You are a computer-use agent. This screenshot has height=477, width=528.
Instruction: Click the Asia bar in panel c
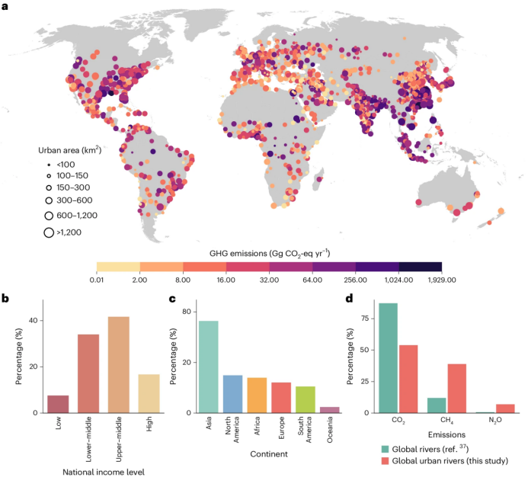click(209, 367)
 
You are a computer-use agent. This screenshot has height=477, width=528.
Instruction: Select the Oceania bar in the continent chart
click(327, 410)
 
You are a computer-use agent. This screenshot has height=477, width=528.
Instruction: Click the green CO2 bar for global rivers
click(389, 358)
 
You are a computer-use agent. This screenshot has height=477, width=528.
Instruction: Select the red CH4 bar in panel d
click(456, 388)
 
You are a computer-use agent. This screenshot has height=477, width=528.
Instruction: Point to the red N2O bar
click(505, 408)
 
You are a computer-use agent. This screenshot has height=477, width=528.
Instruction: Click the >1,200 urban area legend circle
click(48, 232)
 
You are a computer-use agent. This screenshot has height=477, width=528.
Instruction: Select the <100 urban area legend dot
click(48, 164)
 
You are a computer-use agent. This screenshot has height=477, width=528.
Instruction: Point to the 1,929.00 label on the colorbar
click(442, 279)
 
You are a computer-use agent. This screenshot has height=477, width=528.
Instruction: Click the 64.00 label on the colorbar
click(312, 279)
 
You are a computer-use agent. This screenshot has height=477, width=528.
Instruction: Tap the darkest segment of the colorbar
click(421, 266)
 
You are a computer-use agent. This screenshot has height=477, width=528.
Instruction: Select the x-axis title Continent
click(267, 455)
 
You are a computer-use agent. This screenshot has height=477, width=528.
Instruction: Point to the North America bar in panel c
click(232, 393)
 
